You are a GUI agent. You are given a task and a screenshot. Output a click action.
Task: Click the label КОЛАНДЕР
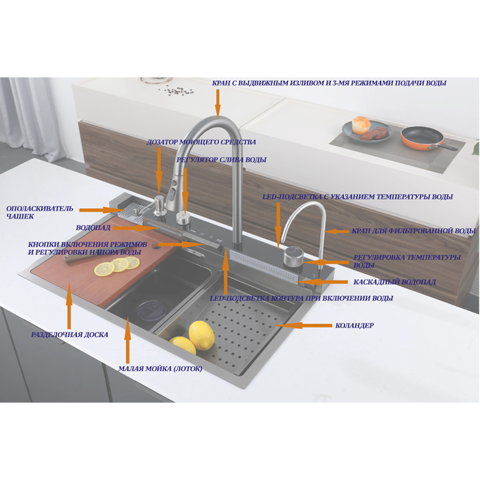354,325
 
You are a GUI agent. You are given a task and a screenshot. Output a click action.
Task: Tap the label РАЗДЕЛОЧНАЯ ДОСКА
70,335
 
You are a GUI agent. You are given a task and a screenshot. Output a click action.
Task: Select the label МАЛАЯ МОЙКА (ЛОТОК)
160,369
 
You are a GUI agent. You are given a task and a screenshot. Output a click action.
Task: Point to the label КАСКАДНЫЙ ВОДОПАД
395,282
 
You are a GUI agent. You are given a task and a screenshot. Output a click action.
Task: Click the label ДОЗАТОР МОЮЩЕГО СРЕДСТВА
201,142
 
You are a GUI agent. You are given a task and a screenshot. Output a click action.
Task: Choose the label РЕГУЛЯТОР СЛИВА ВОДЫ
221,160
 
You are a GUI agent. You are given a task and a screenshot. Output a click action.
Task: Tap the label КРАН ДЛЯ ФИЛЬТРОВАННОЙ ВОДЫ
414,231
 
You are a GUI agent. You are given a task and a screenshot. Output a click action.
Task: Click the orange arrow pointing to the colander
303,325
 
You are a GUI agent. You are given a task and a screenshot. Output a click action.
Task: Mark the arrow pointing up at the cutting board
69,306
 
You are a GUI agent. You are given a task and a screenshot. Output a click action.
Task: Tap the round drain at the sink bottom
152,311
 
